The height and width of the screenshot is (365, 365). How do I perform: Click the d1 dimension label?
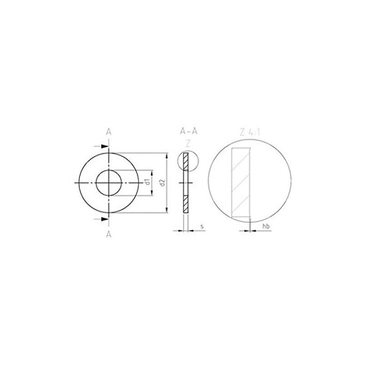point(147,182)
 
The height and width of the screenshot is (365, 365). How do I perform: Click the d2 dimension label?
point(162,182)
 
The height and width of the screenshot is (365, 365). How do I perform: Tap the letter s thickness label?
point(202,226)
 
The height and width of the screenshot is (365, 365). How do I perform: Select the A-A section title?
point(188,132)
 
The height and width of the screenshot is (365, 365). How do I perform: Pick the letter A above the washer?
point(109,132)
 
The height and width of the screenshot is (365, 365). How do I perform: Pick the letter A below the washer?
point(109,234)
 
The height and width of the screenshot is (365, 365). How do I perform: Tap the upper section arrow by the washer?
point(104,146)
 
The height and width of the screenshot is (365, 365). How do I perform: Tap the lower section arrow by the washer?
point(104,219)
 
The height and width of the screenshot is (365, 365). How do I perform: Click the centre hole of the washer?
point(109,182)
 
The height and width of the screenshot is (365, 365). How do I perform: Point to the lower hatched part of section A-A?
point(186,204)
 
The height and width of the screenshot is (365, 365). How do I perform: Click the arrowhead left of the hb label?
point(248,230)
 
